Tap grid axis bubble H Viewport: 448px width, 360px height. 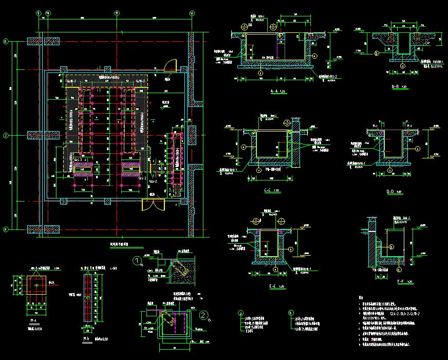6,229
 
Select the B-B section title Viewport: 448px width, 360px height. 395,86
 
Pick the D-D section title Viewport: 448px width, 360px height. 394,191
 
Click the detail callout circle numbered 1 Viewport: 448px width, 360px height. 137,261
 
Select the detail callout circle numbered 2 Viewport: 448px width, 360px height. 204,315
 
